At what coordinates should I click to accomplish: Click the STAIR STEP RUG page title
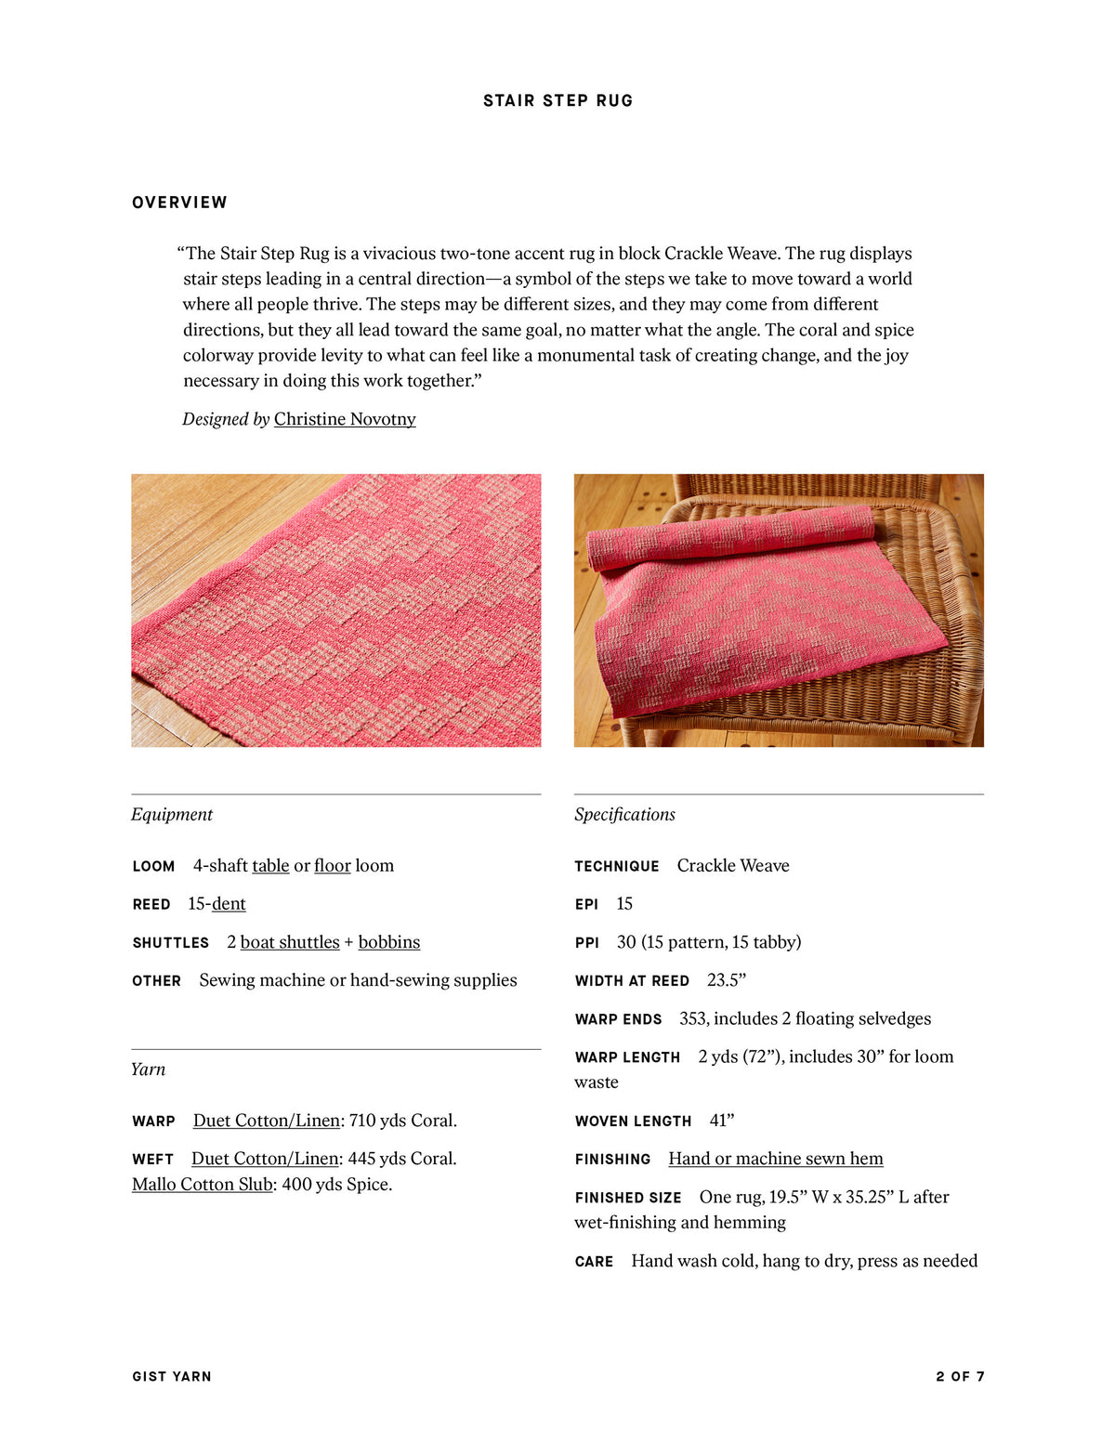tap(557, 100)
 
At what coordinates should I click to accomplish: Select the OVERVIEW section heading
tap(179, 203)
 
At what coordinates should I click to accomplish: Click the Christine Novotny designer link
tap(345, 419)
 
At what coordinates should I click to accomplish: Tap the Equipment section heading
tap(172, 815)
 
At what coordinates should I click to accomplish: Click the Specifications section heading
tap(624, 815)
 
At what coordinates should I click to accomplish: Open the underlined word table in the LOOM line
tap(270, 866)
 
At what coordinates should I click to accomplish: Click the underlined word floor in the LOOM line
tap(332, 866)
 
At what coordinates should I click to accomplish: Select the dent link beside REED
tap(229, 904)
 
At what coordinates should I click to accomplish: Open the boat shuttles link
tap(290, 942)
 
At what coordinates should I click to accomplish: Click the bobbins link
tap(388, 942)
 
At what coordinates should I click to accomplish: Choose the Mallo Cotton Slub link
tap(202, 1185)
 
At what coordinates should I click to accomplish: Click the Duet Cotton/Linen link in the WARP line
tap(266, 1121)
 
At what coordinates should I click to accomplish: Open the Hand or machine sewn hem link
tap(775, 1159)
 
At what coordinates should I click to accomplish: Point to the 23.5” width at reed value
tap(727, 980)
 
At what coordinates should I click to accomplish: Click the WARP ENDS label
tap(618, 1019)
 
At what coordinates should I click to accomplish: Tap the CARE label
tap(594, 1262)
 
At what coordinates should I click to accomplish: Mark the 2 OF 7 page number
tap(960, 1376)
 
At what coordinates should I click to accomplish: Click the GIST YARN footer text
tap(172, 1376)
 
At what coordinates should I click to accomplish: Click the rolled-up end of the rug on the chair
tap(729, 536)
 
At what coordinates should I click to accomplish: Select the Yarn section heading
tap(148, 1069)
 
